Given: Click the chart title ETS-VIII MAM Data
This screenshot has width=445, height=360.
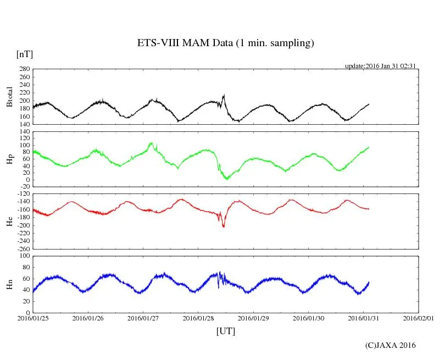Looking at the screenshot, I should pos(225,43).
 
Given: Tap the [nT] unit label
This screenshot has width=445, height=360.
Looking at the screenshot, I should pos(25,54).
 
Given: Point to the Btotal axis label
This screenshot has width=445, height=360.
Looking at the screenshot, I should pos(9,97).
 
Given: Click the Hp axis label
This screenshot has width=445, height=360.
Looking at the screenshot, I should pos(9,159).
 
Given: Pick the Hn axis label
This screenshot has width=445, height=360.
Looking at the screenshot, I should pos(9,284).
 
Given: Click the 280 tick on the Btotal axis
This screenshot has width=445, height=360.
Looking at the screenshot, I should pos(23,69).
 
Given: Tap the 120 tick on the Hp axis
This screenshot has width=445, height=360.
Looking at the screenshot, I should pos(23,131).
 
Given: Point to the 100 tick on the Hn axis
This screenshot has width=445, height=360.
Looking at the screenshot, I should pos(23,256).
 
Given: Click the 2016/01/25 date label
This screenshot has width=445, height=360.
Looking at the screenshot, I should pos(33,318).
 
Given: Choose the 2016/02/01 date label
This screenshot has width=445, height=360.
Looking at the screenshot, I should pos(419,318).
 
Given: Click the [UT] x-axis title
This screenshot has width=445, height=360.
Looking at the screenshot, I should pos(226,331).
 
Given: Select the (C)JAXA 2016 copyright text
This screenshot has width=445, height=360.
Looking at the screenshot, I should pos(391,346).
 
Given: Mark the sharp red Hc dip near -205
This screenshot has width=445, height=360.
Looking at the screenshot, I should pos(223,226).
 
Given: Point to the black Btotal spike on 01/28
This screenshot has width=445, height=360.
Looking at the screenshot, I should pos(224,96).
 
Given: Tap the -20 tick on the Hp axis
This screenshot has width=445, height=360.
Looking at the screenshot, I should pos(23,187).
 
